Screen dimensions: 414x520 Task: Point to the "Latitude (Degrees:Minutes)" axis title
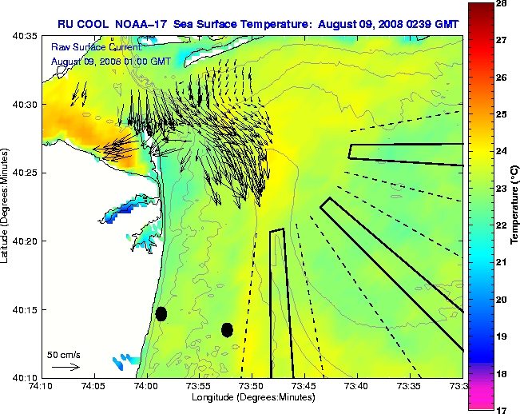[x=6, y=206]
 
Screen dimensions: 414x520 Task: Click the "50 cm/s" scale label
[x=64, y=354]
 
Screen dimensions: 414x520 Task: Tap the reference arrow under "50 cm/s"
[x=65, y=367]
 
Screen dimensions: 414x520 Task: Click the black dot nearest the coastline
[x=161, y=313]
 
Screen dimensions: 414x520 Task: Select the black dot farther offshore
[x=227, y=329]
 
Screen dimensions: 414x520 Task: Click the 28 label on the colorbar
[x=502, y=4]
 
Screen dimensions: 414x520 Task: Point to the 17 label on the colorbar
[x=502, y=410]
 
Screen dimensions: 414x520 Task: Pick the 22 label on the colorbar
[x=502, y=225]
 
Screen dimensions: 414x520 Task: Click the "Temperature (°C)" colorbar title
[x=516, y=206]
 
